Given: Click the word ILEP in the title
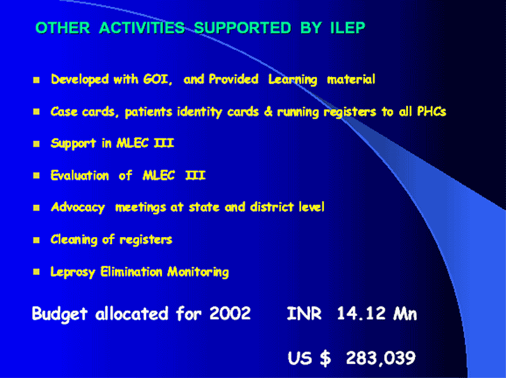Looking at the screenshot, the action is (x=347, y=28).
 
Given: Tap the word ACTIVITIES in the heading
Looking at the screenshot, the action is (x=142, y=28).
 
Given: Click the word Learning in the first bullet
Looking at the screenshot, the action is (x=293, y=80).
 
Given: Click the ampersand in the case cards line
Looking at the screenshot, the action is (x=268, y=112).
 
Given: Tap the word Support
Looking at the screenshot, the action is (x=73, y=143).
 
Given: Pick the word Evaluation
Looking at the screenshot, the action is (x=80, y=176).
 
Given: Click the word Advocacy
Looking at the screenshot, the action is (x=78, y=207).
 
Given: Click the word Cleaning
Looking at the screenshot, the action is (x=74, y=240).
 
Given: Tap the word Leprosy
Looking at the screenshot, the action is (x=73, y=272).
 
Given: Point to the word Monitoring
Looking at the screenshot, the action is (x=198, y=272).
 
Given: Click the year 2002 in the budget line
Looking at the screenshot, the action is (x=230, y=313).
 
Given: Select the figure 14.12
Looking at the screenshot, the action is (x=361, y=313).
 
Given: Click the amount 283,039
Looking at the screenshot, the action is (x=381, y=358).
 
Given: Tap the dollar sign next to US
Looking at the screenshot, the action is (x=325, y=358).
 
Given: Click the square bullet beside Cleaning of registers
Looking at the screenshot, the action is (x=36, y=240).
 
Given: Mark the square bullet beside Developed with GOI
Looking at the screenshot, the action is (x=36, y=80).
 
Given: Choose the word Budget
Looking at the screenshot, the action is (x=59, y=314).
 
